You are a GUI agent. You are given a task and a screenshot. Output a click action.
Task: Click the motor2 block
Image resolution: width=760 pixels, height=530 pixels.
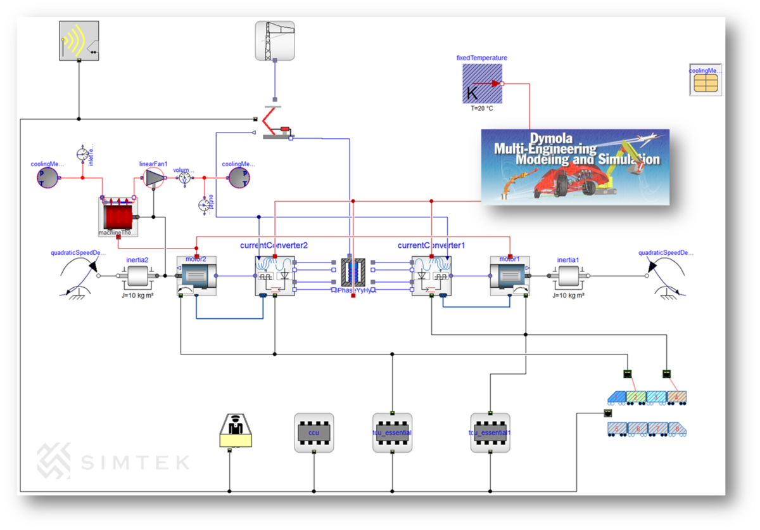(196, 275)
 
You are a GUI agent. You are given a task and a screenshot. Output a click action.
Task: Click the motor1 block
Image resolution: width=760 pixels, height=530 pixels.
(510, 275)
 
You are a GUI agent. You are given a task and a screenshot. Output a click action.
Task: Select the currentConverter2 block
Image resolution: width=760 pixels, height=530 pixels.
(275, 276)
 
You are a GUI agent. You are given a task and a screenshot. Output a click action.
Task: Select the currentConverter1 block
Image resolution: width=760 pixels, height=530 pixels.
(431, 276)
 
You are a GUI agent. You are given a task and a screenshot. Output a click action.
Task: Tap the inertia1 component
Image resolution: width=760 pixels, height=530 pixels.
(569, 276)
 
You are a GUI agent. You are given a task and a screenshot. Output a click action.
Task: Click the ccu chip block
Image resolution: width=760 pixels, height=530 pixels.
(313, 433)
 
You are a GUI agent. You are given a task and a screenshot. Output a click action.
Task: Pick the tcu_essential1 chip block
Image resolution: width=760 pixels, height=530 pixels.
(490, 433)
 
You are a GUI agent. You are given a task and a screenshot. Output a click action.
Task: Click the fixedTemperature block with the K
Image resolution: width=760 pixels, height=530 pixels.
(482, 84)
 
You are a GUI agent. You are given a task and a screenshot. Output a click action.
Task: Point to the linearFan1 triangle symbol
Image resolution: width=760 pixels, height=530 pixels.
(153, 178)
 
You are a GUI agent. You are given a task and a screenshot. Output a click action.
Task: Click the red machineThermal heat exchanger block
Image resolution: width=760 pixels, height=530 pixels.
(118, 216)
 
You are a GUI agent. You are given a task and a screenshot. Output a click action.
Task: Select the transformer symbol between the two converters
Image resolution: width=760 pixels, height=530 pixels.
(353, 276)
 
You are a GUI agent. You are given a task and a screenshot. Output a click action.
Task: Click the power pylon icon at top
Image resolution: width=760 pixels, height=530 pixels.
(275, 41)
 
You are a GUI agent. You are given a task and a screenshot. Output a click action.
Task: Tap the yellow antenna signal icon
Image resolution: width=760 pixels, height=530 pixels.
(79, 41)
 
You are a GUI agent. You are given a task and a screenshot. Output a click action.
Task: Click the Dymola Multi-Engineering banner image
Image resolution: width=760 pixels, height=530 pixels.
(575, 167)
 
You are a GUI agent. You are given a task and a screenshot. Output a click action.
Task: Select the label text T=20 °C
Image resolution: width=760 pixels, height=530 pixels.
(481, 108)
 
